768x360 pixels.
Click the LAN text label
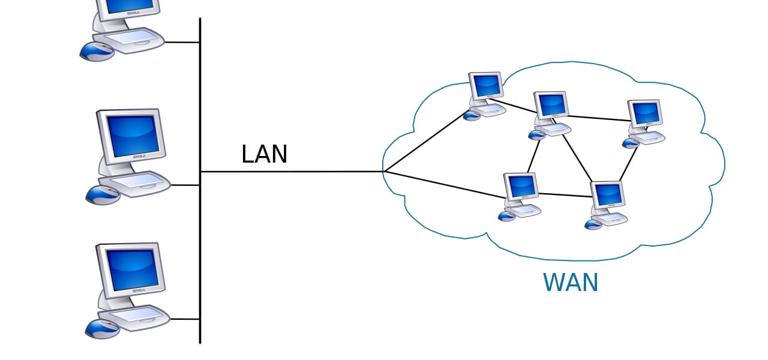tap(264, 154)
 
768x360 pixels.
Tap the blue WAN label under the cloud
tap(571, 283)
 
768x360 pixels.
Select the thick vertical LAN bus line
tap(200, 252)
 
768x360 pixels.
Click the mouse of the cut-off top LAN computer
tap(97, 51)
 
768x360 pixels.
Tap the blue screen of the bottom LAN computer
tap(133, 269)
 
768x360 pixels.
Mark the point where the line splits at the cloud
tap(385, 172)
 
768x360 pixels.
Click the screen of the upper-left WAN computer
tap(485, 85)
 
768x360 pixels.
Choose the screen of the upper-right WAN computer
tap(645, 113)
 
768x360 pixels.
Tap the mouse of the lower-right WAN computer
tap(593, 224)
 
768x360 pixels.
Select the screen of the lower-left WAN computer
tap(520, 186)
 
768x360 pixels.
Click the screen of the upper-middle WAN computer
tap(551, 105)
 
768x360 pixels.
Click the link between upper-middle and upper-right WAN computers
tap(598, 118)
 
